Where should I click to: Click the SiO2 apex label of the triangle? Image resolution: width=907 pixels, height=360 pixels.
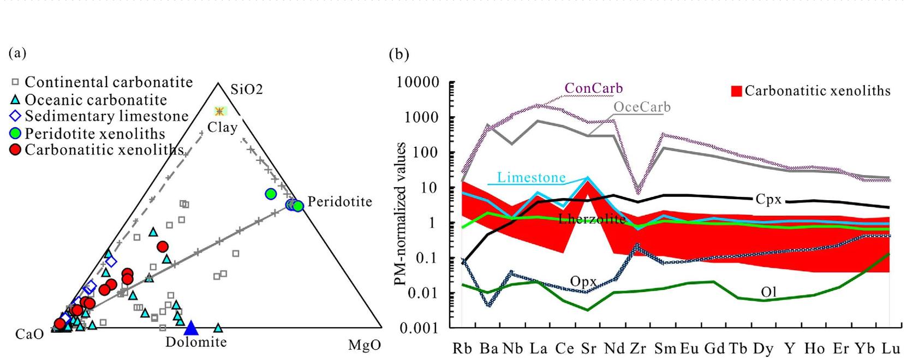246,89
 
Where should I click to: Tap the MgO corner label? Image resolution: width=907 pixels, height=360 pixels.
365,346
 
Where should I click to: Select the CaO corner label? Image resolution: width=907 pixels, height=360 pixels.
29,334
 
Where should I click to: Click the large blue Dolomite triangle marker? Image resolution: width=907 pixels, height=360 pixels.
190,328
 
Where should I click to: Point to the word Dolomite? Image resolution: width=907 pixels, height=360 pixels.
196,343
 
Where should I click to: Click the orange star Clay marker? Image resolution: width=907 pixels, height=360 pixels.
220,111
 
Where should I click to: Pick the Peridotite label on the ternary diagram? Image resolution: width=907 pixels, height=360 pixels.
339,202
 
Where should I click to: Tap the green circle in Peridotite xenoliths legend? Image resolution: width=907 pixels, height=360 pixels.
15,133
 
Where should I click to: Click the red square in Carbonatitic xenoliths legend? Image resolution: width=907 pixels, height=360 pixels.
736,91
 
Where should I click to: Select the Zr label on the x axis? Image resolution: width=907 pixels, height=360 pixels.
637,349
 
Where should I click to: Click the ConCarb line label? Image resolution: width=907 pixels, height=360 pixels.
593,88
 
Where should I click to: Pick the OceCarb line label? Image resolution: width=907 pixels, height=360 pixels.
642,107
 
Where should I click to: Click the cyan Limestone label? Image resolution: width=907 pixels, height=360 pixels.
531,178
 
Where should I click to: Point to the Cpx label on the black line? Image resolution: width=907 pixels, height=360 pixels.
768,200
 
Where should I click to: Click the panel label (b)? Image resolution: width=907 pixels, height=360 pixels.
398,54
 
